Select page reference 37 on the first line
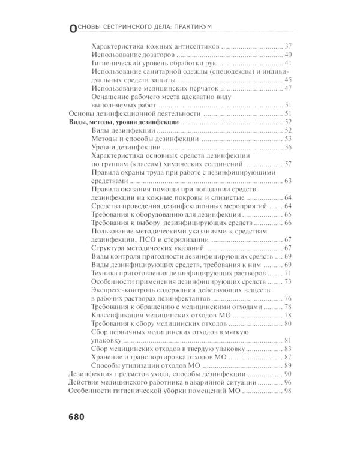(287, 46)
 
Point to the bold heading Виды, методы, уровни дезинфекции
(119, 121)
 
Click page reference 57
(287, 164)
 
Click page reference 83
(287, 348)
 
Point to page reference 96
(287, 382)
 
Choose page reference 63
(287, 180)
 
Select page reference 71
(287, 272)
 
